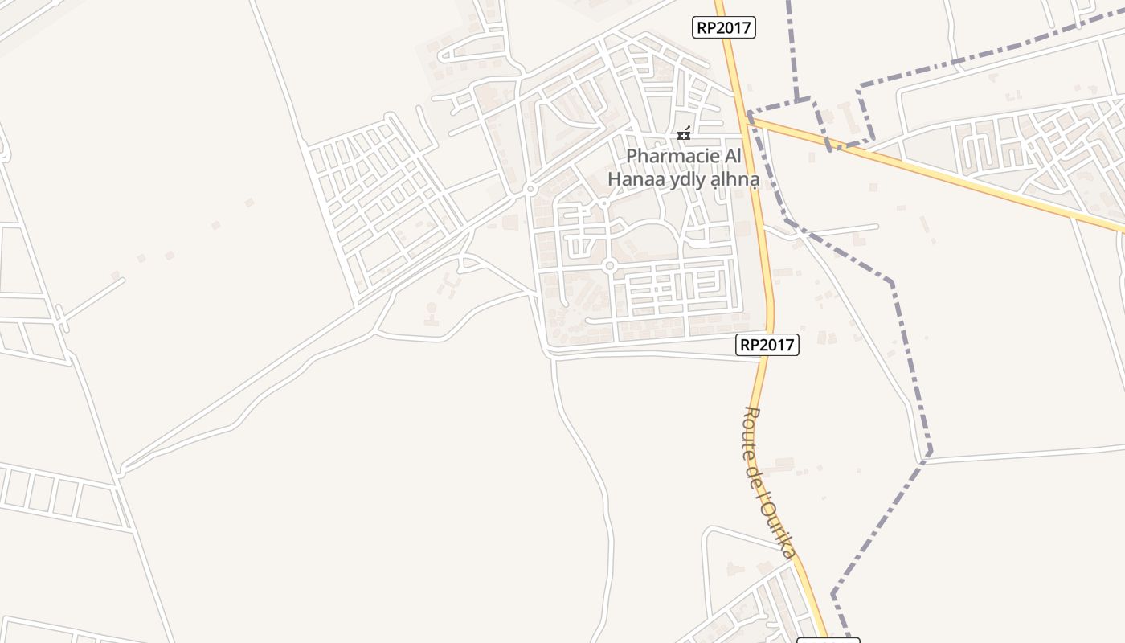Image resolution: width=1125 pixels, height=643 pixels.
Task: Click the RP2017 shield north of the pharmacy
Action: [x=723, y=27]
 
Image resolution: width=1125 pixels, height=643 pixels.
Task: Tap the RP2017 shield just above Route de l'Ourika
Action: [x=767, y=346]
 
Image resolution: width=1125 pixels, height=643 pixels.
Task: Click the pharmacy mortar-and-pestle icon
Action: [x=684, y=133]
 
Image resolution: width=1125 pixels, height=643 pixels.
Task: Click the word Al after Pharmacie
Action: [x=731, y=157]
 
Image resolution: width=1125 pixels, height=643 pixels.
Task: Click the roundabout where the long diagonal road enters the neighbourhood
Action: [x=530, y=190]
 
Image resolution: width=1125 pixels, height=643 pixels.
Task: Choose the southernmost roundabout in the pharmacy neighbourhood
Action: [x=609, y=265]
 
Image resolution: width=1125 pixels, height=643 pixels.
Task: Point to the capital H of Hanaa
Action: [x=615, y=179]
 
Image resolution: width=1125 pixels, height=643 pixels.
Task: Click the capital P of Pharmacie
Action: [x=632, y=157]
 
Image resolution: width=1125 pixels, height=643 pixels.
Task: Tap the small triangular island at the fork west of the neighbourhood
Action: [x=464, y=262]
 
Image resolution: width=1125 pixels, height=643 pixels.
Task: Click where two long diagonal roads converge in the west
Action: [x=121, y=471]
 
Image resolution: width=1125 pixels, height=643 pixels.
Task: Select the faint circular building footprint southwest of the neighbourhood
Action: [x=432, y=308]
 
